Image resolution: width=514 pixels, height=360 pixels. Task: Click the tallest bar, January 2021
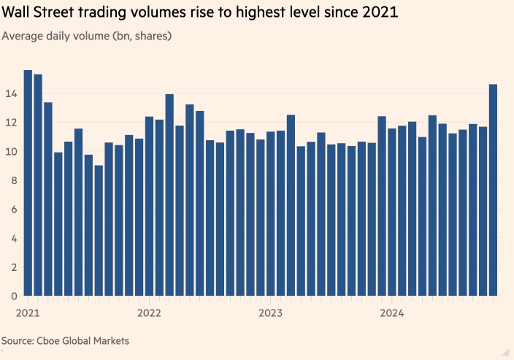pyautogui.click(x=28, y=183)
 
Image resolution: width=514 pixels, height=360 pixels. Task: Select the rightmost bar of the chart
pyautogui.click(x=493, y=190)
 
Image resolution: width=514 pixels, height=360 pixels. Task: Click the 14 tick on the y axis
pyautogui.click(x=9, y=93)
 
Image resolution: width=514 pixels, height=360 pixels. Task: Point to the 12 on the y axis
pyautogui.click(x=9, y=123)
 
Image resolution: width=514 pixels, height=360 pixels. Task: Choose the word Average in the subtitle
pyautogui.click(x=23, y=34)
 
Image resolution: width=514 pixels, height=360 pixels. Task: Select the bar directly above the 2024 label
pyautogui.click(x=391, y=212)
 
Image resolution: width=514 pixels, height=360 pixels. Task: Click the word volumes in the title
pyautogui.click(x=150, y=13)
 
